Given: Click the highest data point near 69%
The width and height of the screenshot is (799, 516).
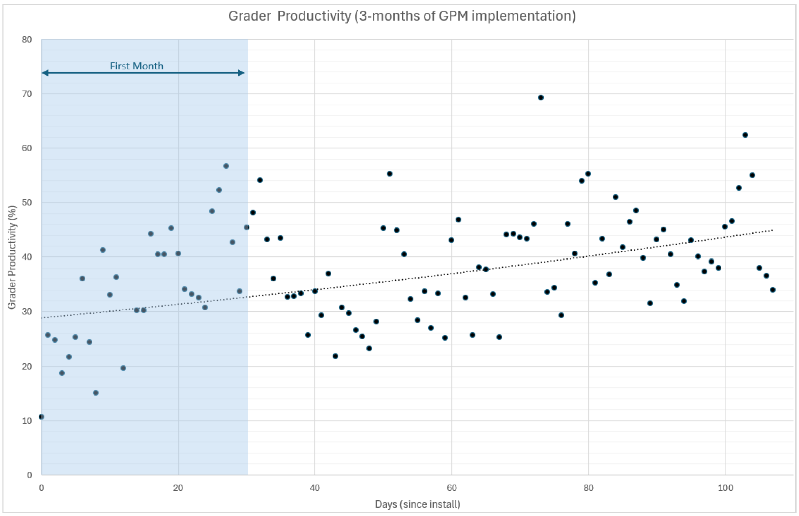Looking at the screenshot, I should (x=541, y=98).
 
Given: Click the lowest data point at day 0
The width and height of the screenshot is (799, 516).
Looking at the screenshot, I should (x=41, y=417).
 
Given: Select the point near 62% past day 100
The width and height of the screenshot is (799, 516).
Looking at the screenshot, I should (x=745, y=135).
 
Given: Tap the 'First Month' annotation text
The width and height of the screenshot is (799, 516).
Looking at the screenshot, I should (x=137, y=66).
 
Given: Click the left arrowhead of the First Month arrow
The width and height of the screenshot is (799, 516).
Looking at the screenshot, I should (x=45, y=73).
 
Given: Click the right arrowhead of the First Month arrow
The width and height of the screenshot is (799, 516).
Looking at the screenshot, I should (x=241, y=73).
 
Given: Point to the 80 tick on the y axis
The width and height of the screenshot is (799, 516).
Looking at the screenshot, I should (x=27, y=39).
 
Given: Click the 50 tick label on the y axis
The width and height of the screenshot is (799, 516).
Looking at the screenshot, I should (x=27, y=203).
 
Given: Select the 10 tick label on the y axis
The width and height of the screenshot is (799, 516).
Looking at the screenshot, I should (x=27, y=421).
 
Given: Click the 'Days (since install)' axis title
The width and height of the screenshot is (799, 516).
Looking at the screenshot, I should (x=417, y=504).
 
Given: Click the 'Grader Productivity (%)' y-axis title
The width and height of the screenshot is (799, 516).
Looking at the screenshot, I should (x=12, y=257).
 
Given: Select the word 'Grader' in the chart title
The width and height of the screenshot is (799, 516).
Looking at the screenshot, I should (x=249, y=16).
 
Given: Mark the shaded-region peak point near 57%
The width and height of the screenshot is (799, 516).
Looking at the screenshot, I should (x=226, y=166).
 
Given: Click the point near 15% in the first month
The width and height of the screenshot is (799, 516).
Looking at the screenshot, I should (x=96, y=393).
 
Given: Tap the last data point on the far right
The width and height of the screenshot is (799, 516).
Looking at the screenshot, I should (x=773, y=290).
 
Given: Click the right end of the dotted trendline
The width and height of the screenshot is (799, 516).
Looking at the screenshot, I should (x=773, y=230).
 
